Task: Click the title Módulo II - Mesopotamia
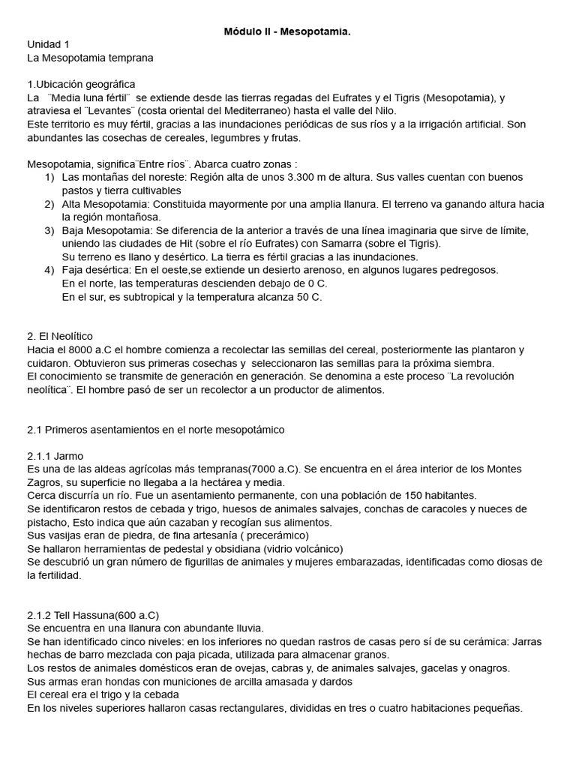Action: pos(287,31)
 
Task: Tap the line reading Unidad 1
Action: pos(48,45)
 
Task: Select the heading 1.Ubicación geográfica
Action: pos(81,84)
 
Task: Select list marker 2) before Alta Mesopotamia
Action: pos(49,204)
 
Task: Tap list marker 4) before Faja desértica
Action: pos(49,270)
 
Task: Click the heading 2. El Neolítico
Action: pos(60,336)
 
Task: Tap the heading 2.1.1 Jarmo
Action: pos(55,455)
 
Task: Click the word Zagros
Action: pos(44,482)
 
